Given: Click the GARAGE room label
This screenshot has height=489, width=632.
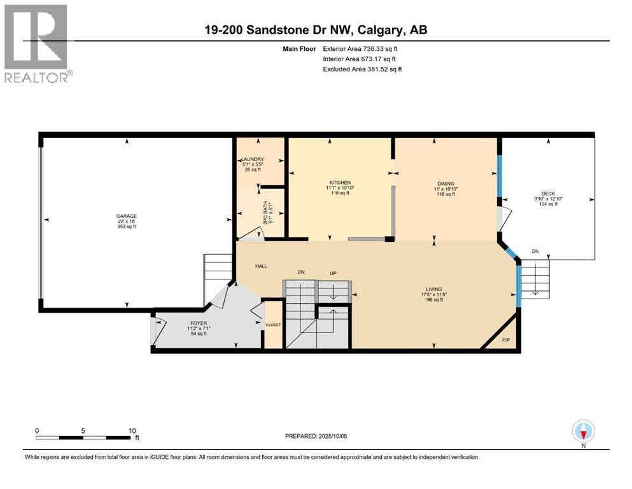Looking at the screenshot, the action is [x=127, y=216].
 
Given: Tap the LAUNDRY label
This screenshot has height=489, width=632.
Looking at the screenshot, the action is [x=253, y=159].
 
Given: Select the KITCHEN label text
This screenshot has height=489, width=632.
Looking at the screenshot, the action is [x=340, y=183].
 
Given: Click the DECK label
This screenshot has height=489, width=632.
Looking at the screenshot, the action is [x=548, y=194].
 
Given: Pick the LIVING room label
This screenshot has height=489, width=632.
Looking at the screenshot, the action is [x=433, y=289].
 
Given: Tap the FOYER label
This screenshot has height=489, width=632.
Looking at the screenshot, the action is [x=199, y=323].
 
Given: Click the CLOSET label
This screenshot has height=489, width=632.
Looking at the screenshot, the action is [x=273, y=325].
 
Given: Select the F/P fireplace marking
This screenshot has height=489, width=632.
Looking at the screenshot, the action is [x=506, y=340].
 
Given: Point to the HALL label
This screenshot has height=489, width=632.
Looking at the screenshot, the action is [x=261, y=266].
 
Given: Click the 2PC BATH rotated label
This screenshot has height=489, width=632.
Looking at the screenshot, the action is [x=265, y=213].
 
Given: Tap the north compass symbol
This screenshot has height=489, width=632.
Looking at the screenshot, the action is [x=583, y=432].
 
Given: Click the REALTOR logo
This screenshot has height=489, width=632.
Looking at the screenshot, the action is [x=38, y=43].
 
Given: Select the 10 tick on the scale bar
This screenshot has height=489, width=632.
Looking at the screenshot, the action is [x=132, y=430].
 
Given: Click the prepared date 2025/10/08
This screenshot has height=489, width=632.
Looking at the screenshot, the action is [x=332, y=436].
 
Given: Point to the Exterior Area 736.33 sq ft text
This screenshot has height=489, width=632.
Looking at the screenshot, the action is [x=360, y=49].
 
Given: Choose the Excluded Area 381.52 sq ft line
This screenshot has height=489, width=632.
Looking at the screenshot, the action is [x=362, y=69].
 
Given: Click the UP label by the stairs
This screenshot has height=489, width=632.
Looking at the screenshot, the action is [x=333, y=273].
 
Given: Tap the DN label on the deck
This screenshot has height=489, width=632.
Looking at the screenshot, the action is [x=535, y=252].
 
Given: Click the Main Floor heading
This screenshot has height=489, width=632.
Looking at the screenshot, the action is [x=299, y=49].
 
